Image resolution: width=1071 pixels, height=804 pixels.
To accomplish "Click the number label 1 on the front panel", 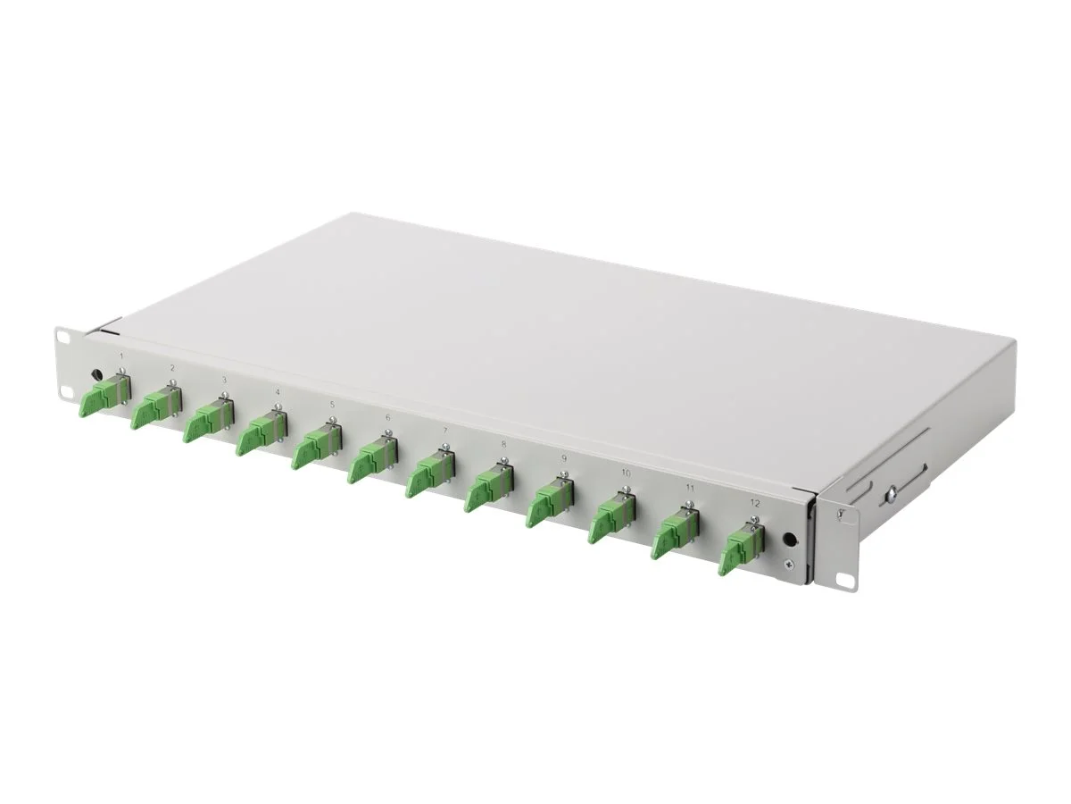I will coord(121,356).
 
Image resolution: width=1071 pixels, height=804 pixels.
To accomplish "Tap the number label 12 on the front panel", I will coord(756,504).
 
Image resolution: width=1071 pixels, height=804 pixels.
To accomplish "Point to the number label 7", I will coord(445,430).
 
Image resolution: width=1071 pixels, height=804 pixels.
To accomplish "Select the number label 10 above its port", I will coord(626,472).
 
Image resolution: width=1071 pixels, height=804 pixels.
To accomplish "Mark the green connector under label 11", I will coord(674,536).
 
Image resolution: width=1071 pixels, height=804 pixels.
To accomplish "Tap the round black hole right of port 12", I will coord(789,540).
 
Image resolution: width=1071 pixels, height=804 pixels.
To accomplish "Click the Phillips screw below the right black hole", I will coord(785,565).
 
